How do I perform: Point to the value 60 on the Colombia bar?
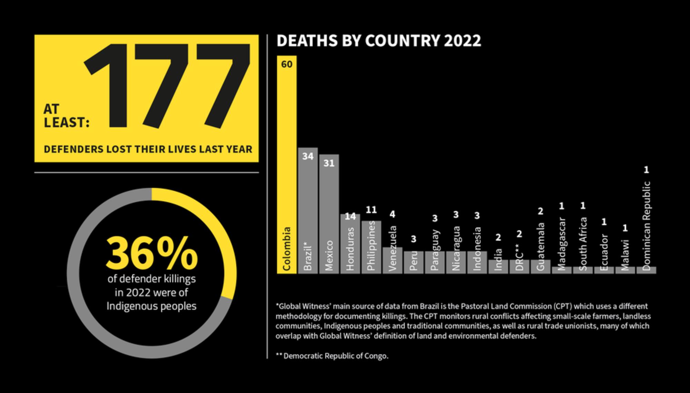287,65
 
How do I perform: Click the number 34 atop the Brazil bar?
308,157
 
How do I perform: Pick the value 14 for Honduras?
350,217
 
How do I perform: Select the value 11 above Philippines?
371,210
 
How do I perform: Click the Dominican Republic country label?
646,226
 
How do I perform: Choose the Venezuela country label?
393,248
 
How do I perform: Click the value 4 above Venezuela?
392,214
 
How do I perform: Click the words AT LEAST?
66,116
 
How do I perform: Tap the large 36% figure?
152,254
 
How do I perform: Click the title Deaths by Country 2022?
378,41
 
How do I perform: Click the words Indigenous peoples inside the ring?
151,306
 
